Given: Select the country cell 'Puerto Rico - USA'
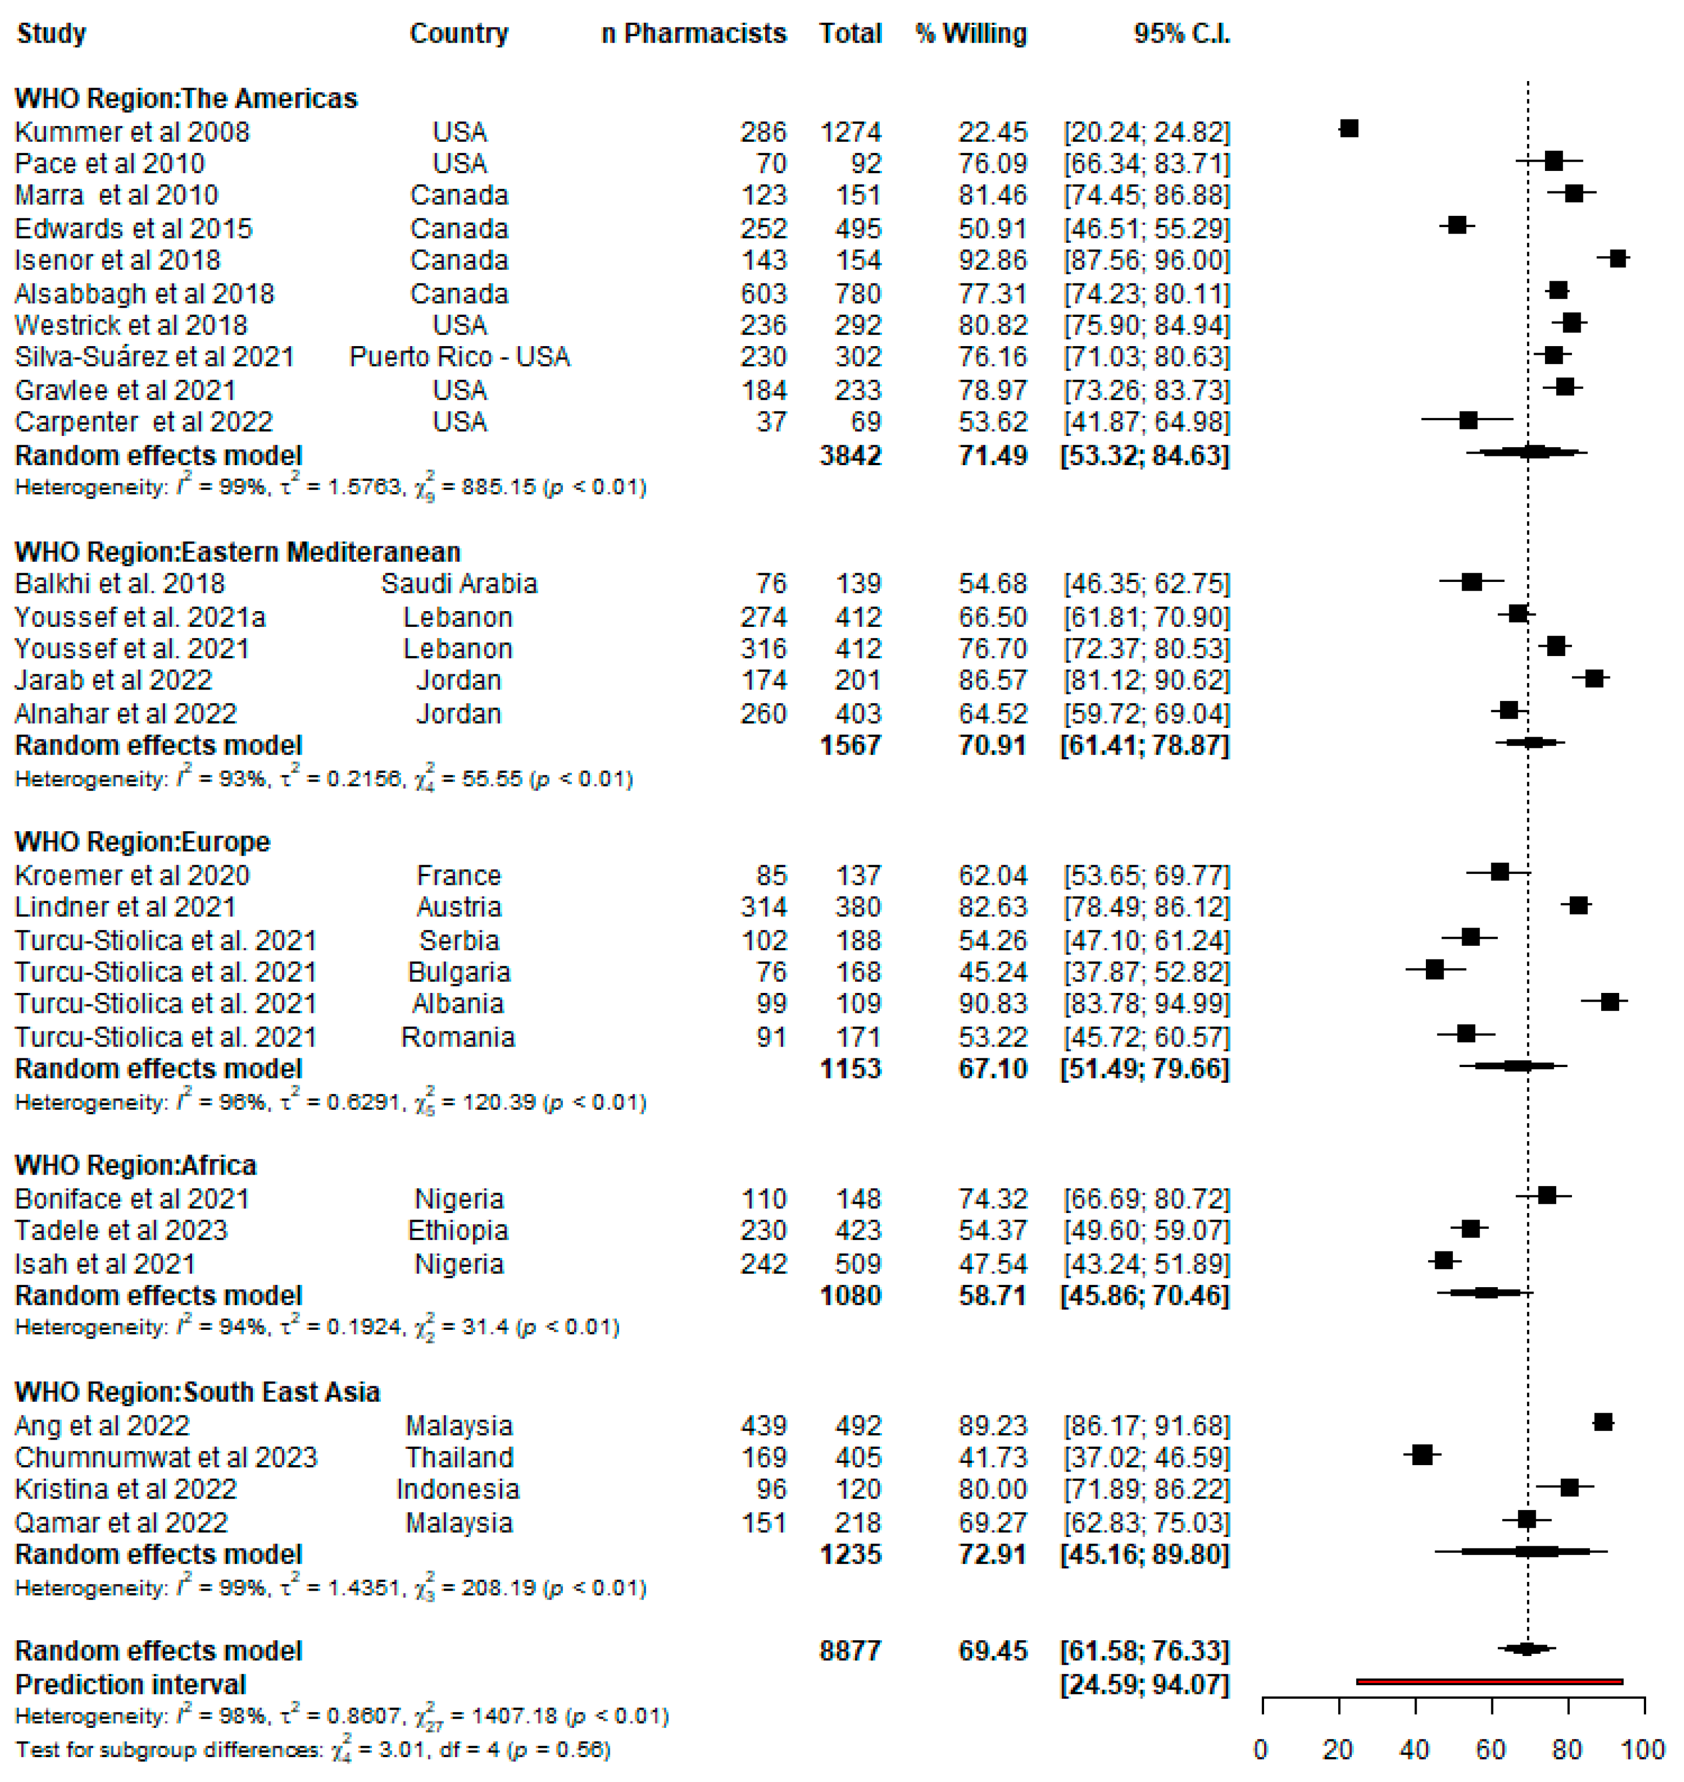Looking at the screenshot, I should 459,357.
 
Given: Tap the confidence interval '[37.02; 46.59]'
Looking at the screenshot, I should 1146,1457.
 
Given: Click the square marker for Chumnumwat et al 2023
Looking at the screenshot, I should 1422,1454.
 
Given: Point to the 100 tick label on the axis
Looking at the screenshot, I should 1643,1750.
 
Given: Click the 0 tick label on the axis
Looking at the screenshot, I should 1261,1750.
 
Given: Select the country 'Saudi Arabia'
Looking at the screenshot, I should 459,584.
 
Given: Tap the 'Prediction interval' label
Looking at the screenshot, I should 131,1684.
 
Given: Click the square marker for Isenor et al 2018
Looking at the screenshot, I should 1617,259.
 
